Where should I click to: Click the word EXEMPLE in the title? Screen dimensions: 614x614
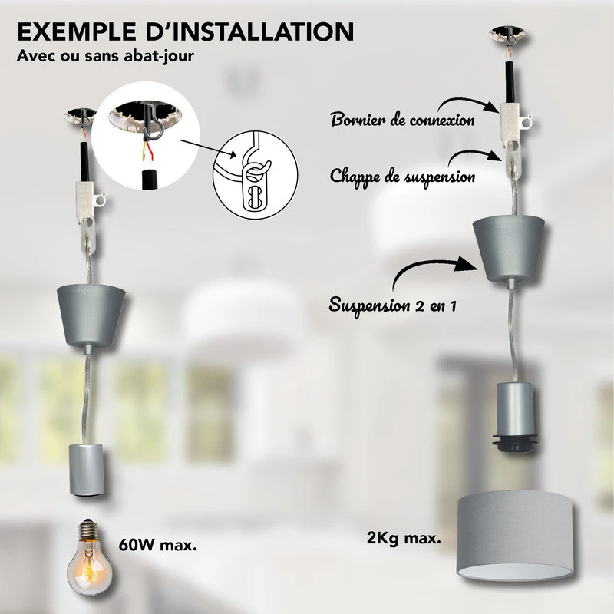click(x=77, y=31)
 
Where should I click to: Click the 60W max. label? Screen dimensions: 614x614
click(x=158, y=545)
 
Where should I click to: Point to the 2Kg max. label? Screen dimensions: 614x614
click(x=404, y=538)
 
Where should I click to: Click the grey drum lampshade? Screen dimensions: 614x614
click(x=515, y=540)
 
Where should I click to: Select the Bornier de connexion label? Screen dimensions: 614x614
click(x=403, y=119)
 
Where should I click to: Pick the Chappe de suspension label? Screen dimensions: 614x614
click(x=402, y=177)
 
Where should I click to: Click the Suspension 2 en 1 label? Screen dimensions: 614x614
click(x=393, y=305)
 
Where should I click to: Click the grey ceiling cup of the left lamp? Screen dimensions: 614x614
click(x=91, y=314)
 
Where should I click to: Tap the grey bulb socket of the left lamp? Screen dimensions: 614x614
click(x=86, y=469)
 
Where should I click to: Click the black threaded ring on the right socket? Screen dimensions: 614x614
click(x=513, y=442)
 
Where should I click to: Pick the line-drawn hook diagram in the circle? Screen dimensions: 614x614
click(x=256, y=175)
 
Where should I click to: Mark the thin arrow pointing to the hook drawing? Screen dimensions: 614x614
click(x=209, y=148)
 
